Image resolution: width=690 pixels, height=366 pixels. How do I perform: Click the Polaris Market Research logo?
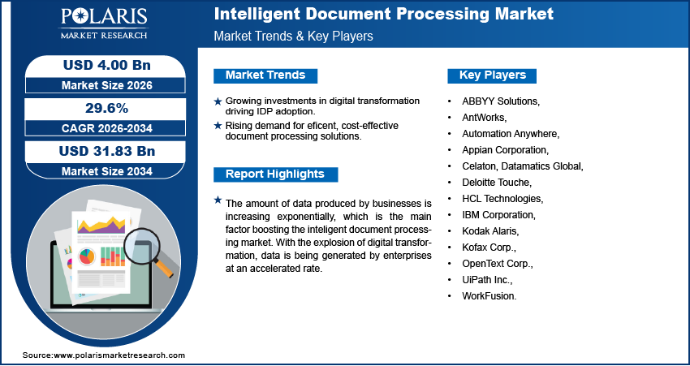[x=103, y=25]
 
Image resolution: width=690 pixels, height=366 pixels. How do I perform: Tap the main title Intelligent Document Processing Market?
[x=383, y=15]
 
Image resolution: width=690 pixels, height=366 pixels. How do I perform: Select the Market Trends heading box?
[x=265, y=75]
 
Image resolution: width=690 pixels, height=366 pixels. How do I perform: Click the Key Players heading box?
[x=493, y=75]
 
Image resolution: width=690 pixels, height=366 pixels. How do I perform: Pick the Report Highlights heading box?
[x=274, y=174]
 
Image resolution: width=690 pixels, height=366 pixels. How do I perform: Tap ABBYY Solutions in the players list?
[x=501, y=101]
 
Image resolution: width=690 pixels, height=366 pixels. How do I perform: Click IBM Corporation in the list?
[x=498, y=215]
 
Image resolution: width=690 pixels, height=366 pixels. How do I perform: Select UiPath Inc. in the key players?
[x=487, y=280]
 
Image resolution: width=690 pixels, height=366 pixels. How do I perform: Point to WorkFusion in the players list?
[x=489, y=296]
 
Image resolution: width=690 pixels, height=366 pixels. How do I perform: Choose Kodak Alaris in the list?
[x=490, y=231]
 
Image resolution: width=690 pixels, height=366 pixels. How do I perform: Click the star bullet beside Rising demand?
[x=218, y=125]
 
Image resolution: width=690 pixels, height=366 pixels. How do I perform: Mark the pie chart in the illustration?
[x=86, y=257]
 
